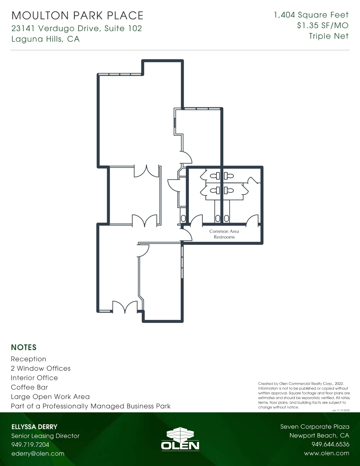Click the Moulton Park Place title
pyautogui.click(x=77, y=16)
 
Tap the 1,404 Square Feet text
pyautogui.click(x=311, y=15)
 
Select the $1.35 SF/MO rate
pyautogui.click(x=323, y=26)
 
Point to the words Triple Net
pyautogui.click(x=329, y=36)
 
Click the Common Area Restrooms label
pyautogui.click(x=224, y=234)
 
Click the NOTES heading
pyautogui.click(x=24, y=347)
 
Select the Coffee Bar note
pyautogui.click(x=29, y=387)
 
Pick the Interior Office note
pyautogui.click(x=34, y=378)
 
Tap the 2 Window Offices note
pyautogui.click(x=41, y=368)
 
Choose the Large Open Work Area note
pyautogui.click(x=50, y=397)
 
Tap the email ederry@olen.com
pyautogui.click(x=38, y=454)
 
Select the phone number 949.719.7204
pyautogui.click(x=30, y=445)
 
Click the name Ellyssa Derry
pyautogui.click(x=34, y=427)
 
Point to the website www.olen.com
pyautogui.click(x=327, y=453)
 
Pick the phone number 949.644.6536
pyautogui.click(x=330, y=444)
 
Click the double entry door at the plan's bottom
pyautogui.click(x=125, y=307)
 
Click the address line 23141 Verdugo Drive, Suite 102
pyautogui.click(x=77, y=29)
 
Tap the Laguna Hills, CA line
pyautogui.click(x=45, y=39)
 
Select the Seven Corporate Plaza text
pyautogui.click(x=315, y=427)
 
